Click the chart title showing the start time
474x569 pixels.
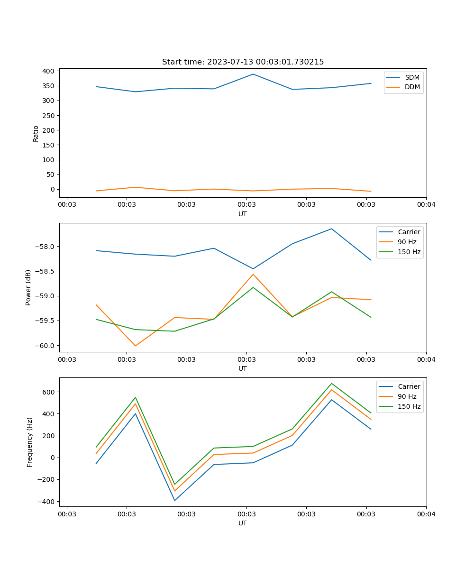243,62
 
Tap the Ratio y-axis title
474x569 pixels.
36,134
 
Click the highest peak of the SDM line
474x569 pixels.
253,74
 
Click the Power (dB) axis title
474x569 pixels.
28,287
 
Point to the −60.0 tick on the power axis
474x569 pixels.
45,345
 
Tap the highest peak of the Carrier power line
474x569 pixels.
331,229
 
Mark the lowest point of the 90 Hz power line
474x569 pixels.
136,346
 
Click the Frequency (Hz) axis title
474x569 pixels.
30,442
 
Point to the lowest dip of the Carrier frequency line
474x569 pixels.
174,500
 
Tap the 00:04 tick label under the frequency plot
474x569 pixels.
426,514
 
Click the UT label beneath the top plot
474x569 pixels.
243,214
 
